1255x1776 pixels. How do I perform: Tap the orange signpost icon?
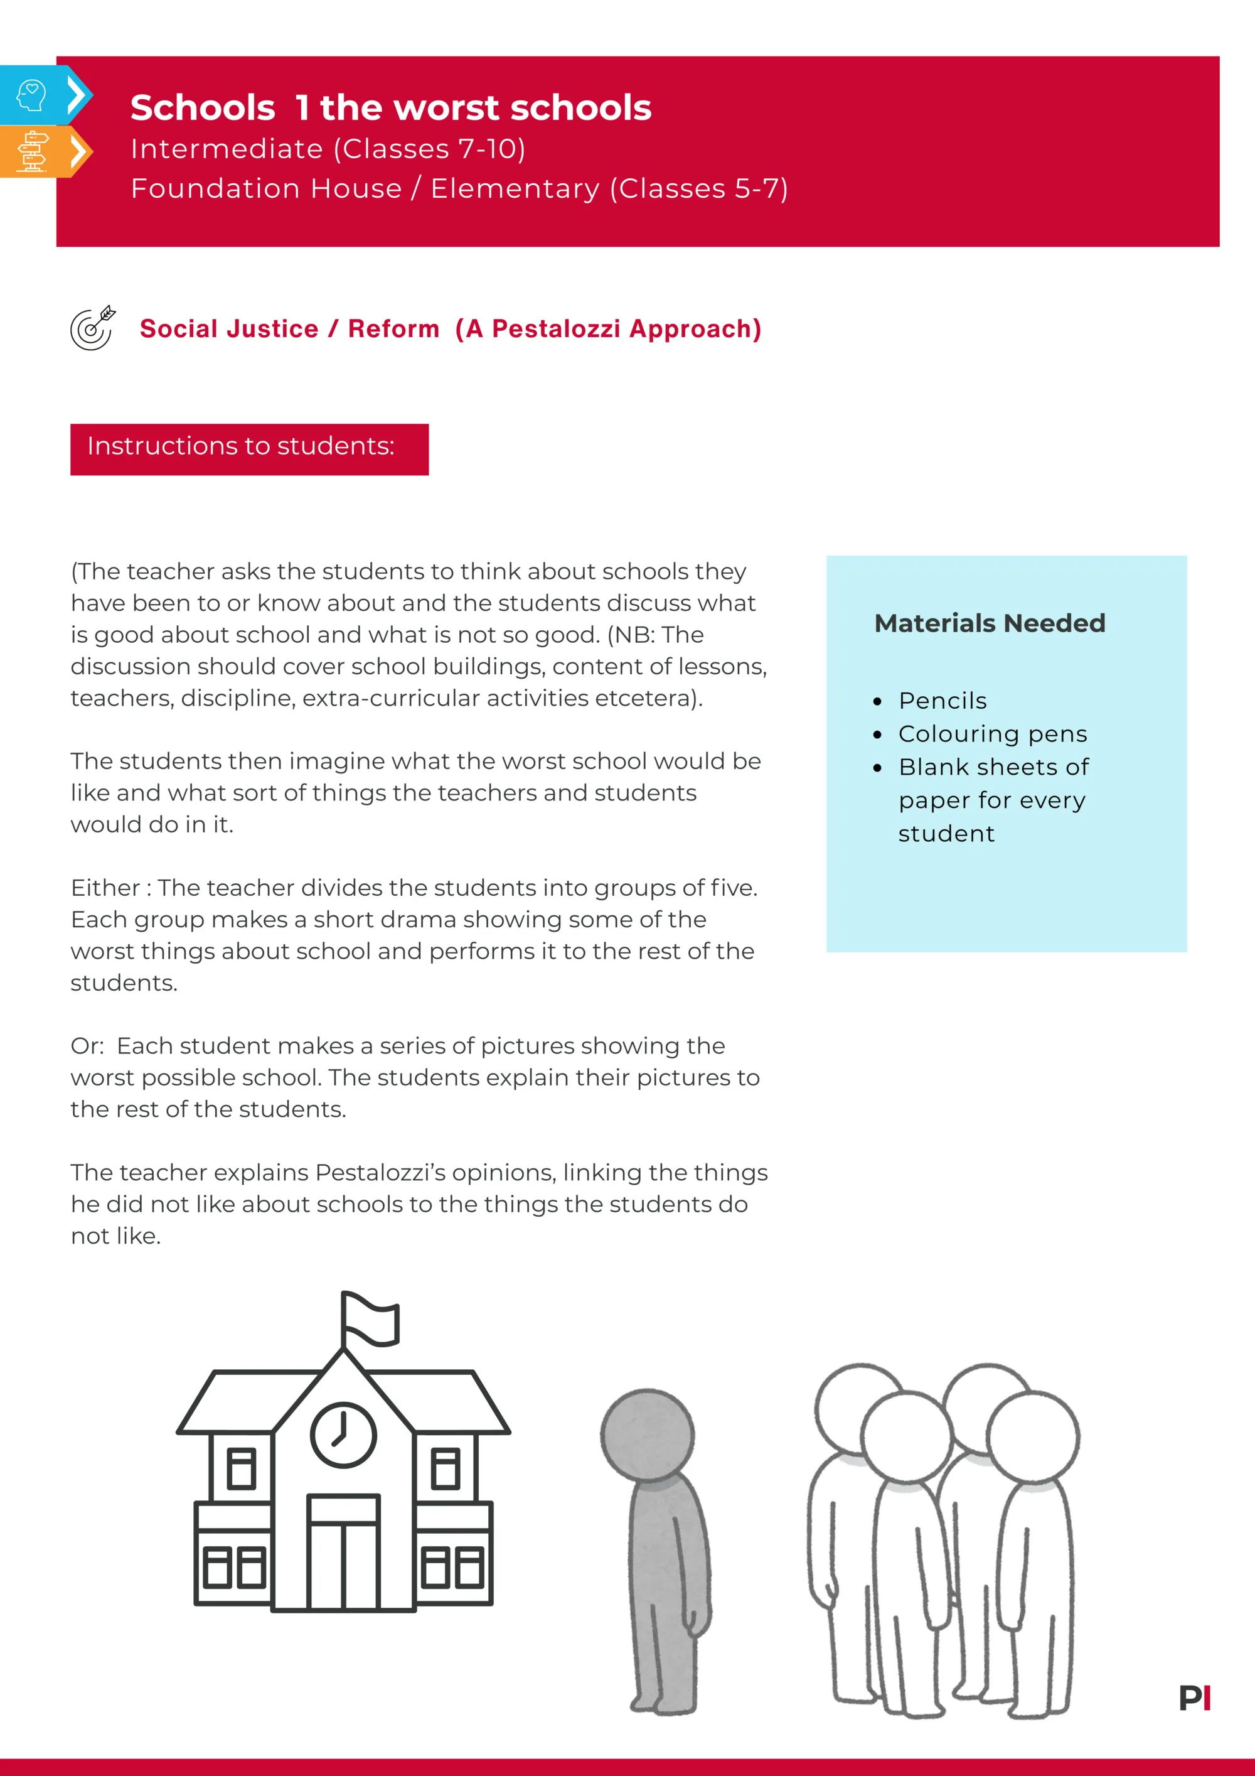click(33, 151)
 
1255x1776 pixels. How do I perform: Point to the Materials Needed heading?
click(990, 623)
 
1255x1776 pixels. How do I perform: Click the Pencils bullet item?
click(943, 701)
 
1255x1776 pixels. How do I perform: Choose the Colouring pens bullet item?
click(992, 734)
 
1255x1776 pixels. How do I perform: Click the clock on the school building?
click(343, 1435)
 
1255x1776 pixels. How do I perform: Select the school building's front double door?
click(343, 1553)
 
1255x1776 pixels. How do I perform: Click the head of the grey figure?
click(647, 1436)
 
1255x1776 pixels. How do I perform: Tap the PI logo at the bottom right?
click(1195, 1698)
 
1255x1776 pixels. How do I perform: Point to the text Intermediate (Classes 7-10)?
click(328, 149)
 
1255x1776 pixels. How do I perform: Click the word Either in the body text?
click(105, 888)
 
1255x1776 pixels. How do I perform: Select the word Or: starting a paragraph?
click(87, 1046)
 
